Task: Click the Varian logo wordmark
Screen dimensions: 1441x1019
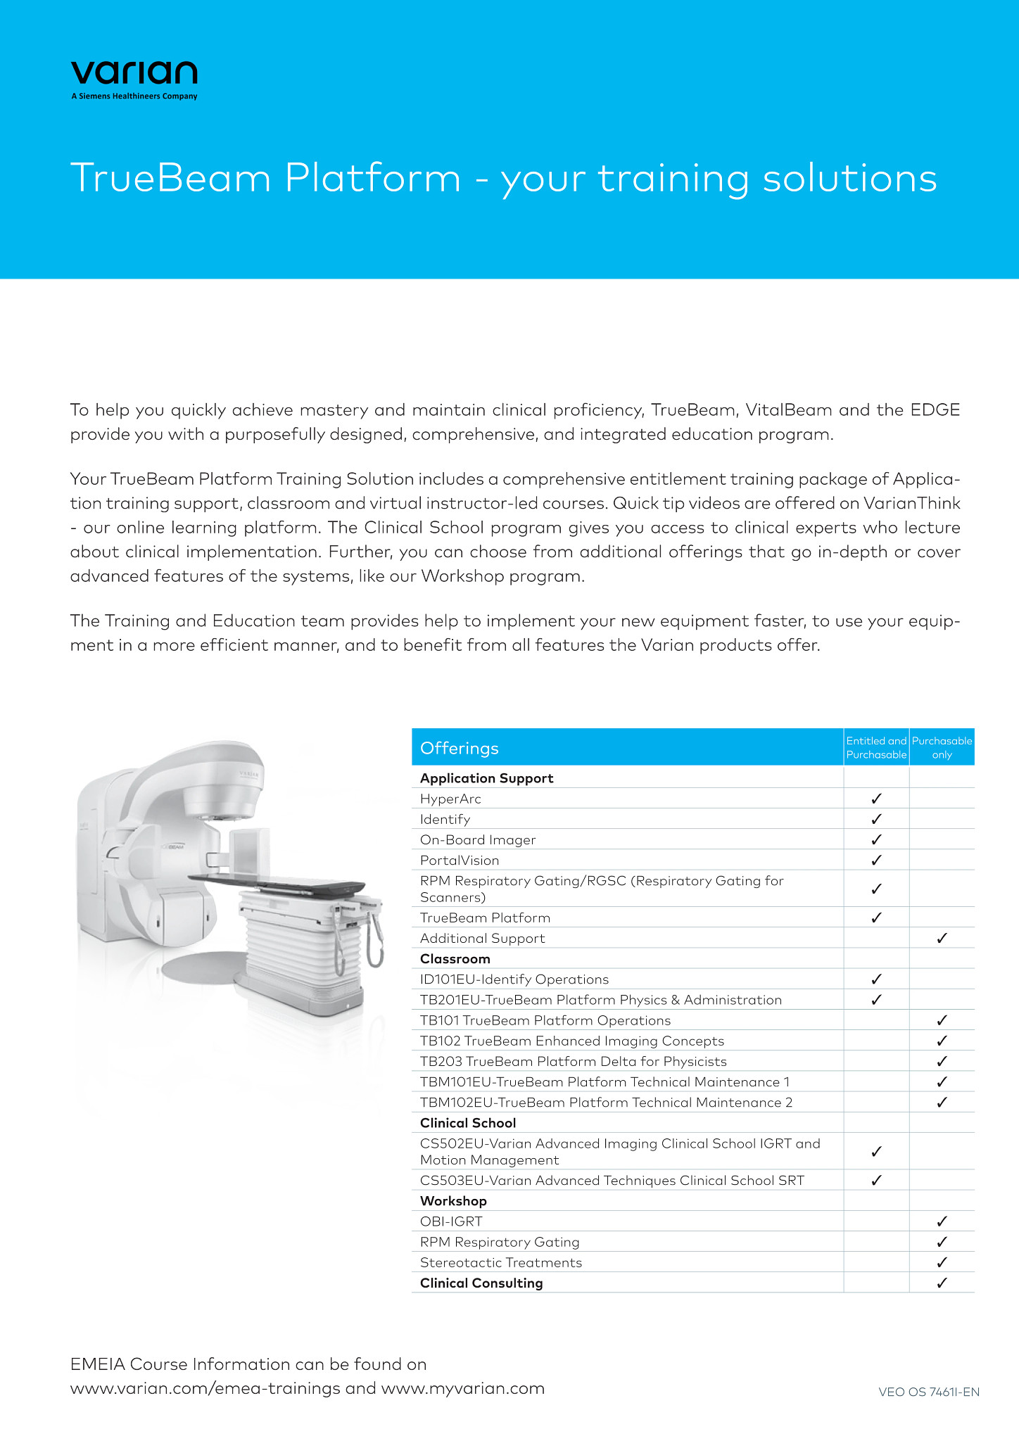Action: tap(134, 73)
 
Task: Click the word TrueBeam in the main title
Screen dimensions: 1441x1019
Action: tap(170, 178)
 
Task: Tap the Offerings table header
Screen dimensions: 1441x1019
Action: tap(459, 748)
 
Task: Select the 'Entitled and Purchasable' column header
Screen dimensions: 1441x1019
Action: tap(876, 747)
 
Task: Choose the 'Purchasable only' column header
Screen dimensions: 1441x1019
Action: tap(942, 747)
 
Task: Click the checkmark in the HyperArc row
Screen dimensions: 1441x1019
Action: tap(876, 799)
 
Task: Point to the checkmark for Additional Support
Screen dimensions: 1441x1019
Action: tap(942, 938)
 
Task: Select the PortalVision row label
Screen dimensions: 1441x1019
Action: tap(460, 860)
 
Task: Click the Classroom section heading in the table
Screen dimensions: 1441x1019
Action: tap(455, 958)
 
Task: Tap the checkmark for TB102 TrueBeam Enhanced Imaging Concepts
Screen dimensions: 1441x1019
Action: tap(942, 1041)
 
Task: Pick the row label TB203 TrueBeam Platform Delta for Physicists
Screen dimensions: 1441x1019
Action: tap(573, 1061)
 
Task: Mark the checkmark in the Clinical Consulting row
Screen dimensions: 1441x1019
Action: tap(942, 1283)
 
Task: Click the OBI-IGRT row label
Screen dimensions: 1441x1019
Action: tap(451, 1221)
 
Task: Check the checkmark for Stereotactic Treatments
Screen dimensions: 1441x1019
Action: tap(942, 1262)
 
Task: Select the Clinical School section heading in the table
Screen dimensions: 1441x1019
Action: tap(468, 1123)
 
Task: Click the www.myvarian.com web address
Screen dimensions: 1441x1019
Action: tap(463, 1388)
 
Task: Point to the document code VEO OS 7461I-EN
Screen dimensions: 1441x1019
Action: tap(929, 1392)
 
